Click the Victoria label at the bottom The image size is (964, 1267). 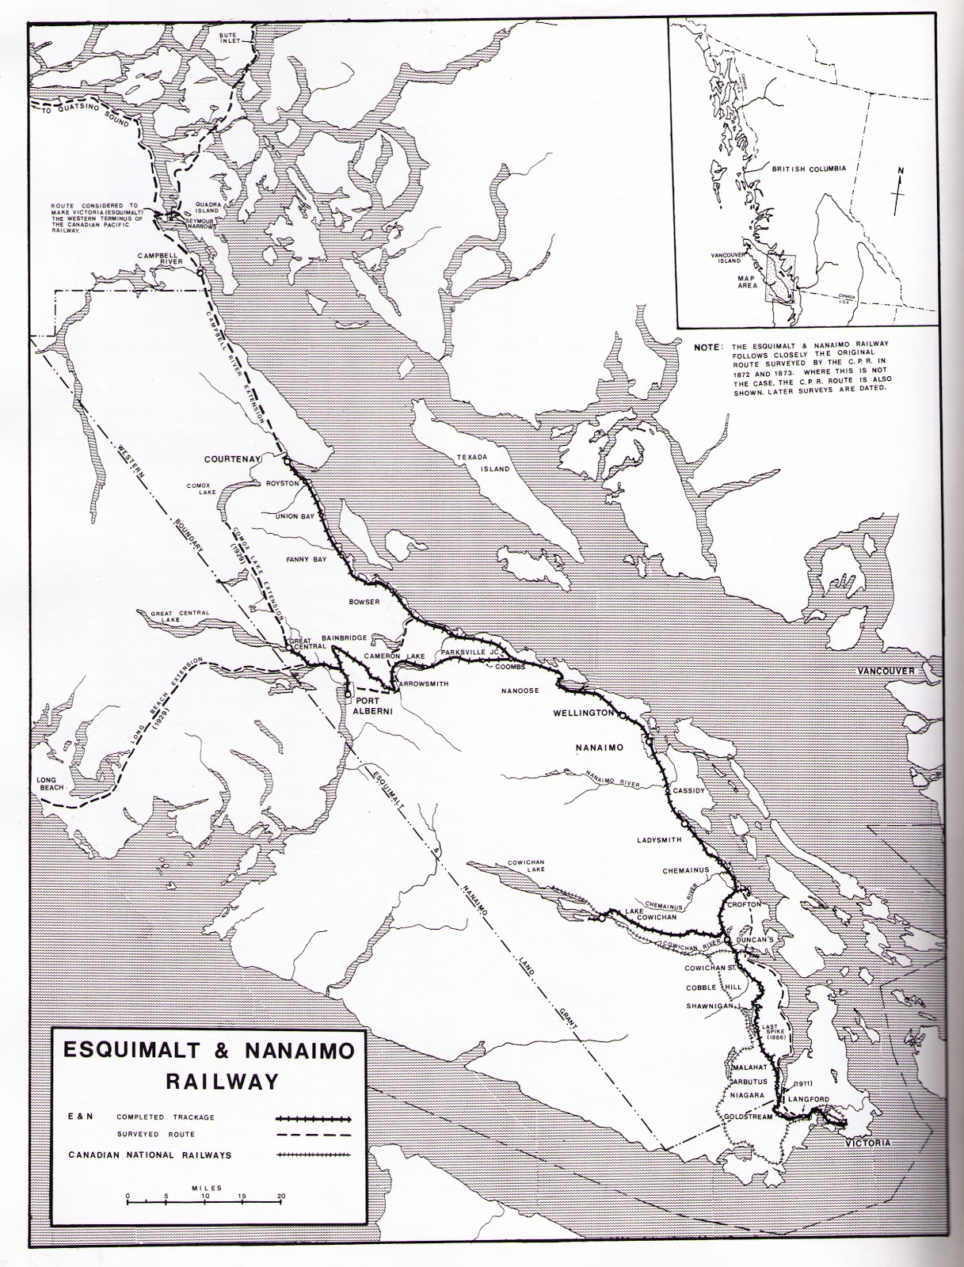click(x=867, y=1143)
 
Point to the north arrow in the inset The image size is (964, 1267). click(x=896, y=188)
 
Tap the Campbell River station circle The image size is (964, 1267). click(x=200, y=272)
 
